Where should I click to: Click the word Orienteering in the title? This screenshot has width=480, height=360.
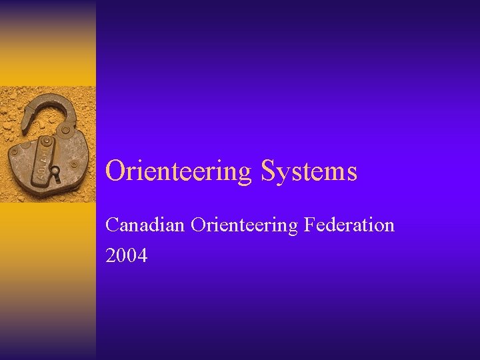tap(178, 171)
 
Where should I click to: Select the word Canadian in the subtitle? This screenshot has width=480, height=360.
tap(145, 225)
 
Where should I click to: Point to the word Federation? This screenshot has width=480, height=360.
tap(349, 225)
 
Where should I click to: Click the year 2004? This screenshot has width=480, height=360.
tap(127, 255)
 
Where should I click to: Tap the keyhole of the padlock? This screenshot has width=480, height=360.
tap(56, 175)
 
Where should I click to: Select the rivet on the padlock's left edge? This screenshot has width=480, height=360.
tap(25, 145)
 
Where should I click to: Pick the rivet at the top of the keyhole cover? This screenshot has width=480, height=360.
tap(47, 143)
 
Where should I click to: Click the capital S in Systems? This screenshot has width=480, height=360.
tap(269, 171)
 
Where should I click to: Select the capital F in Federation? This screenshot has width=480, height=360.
tap(309, 225)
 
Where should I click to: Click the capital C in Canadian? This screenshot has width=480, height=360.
tap(112, 225)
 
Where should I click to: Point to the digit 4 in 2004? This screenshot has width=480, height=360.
tap(143, 255)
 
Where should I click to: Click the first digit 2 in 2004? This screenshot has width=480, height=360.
tap(111, 255)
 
